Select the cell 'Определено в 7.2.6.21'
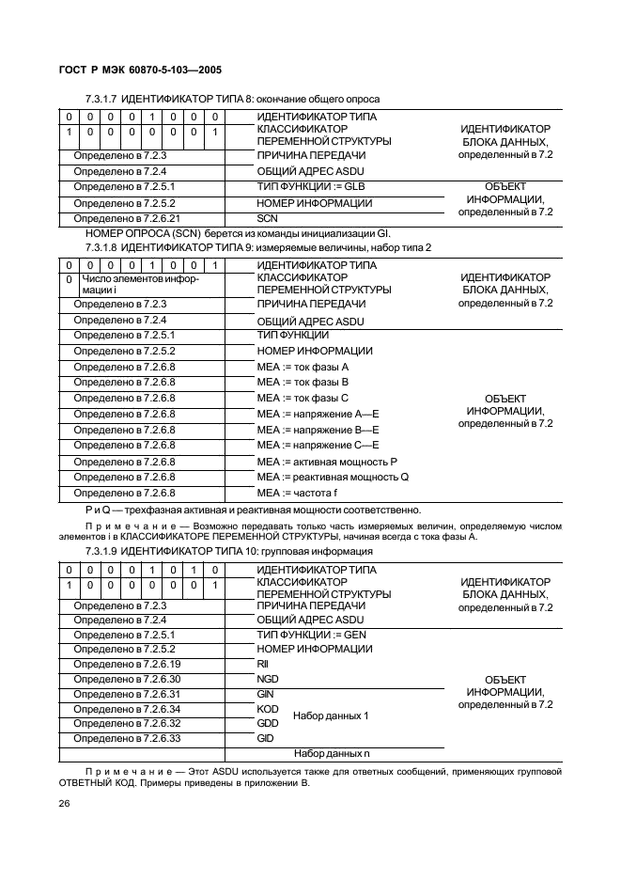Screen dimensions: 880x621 click(126, 218)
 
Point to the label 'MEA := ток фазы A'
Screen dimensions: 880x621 click(303, 366)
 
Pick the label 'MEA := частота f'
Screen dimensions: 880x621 click(297, 493)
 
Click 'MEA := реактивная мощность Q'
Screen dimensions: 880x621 click(333, 477)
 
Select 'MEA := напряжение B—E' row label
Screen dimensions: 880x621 click(318, 429)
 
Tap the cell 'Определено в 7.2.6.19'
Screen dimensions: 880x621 click(126, 663)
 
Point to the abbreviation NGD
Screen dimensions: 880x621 click(268, 678)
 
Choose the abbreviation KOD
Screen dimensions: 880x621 click(268, 708)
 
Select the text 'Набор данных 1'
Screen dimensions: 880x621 click(331, 715)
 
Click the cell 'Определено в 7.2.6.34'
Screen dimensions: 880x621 click(126, 708)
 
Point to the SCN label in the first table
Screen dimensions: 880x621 click(268, 218)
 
